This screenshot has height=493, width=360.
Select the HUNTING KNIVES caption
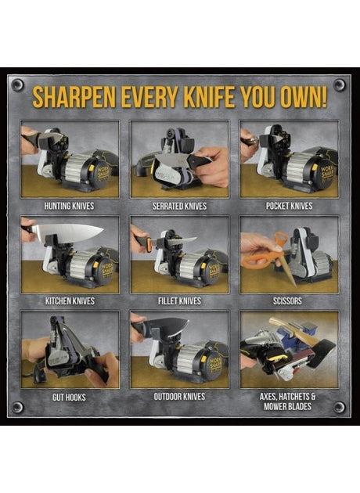pos(69,206)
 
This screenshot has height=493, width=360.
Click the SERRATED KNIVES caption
pos(179,206)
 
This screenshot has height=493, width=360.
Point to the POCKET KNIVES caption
pos(290,206)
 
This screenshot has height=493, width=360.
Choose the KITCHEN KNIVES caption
pos(70,301)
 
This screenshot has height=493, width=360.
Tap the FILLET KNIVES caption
pos(179,301)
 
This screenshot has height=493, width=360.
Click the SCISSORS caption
pos(287,301)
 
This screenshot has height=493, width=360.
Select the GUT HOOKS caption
pos(69,397)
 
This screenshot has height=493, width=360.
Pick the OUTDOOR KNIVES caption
pos(179,397)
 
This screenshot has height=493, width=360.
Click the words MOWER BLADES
pos(288,406)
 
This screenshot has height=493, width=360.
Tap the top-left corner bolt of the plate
pos(17,85)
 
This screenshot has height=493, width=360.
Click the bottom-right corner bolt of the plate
pos(339,408)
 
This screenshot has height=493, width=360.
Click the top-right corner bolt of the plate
pos(339,85)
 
